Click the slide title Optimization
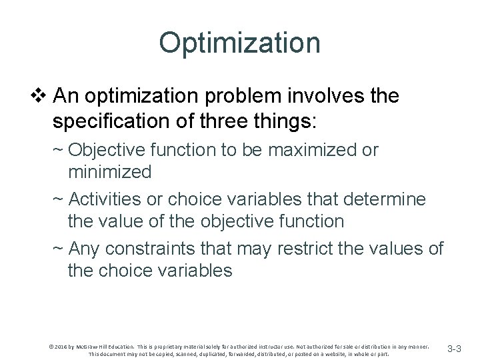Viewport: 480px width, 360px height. pos(239,43)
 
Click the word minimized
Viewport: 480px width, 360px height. pos(109,172)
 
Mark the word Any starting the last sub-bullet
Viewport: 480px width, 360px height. pos(84,249)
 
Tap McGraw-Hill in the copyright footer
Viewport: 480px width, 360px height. pos(87,346)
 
